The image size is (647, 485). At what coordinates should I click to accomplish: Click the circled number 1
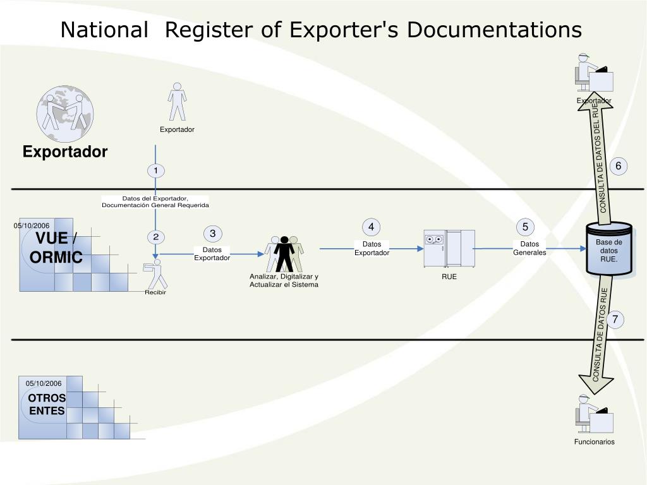pyautogui.click(x=155, y=171)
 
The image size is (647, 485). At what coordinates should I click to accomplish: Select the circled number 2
pyautogui.click(x=155, y=237)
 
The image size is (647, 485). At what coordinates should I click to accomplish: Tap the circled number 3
pyautogui.click(x=213, y=234)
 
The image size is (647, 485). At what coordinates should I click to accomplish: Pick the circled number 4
pyautogui.click(x=372, y=227)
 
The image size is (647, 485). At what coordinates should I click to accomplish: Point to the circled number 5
pyautogui.click(x=525, y=227)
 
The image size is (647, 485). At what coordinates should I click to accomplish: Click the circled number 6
pyautogui.click(x=619, y=166)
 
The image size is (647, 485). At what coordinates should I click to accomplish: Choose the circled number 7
pyautogui.click(x=615, y=320)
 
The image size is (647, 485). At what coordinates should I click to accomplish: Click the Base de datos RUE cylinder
pyautogui.click(x=609, y=250)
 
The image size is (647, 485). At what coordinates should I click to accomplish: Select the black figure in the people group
pyautogui.click(x=284, y=253)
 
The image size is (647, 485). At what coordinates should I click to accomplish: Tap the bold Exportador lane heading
pyautogui.click(x=65, y=152)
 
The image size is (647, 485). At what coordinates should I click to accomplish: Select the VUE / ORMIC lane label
pyautogui.click(x=56, y=248)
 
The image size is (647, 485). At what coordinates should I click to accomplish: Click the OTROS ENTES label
pyautogui.click(x=47, y=404)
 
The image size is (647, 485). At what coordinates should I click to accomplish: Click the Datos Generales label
pyautogui.click(x=529, y=248)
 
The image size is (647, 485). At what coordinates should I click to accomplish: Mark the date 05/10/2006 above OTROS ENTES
pyautogui.click(x=44, y=383)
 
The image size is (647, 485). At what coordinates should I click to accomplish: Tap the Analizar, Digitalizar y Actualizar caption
pyautogui.click(x=284, y=280)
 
